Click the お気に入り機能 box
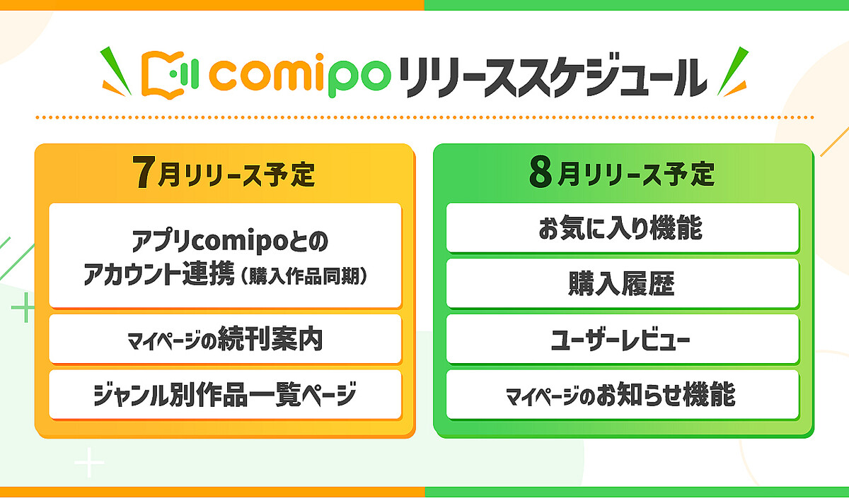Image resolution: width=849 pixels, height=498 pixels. (622, 228)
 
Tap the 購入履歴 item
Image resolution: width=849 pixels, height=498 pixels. (622, 284)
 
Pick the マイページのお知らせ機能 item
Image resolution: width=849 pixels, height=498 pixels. (622, 395)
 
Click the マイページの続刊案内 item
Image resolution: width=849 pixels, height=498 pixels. (225, 340)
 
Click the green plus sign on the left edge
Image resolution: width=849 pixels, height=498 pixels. (24, 309)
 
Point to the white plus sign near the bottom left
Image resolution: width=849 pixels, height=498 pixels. (90, 463)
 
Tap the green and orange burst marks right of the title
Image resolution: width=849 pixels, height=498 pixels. (732, 71)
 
